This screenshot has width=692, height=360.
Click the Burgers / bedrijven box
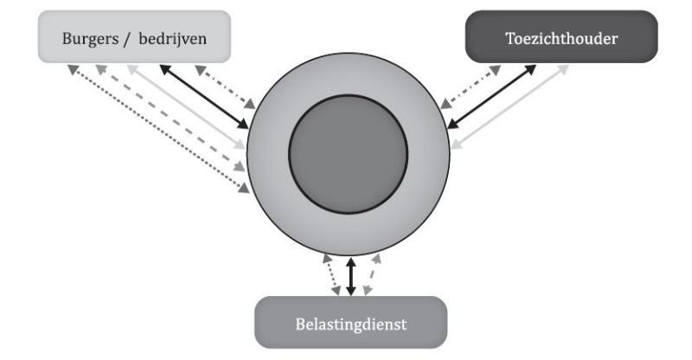point(134,35)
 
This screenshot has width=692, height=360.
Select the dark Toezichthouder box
point(562,36)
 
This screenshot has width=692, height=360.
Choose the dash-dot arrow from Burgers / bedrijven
point(226,86)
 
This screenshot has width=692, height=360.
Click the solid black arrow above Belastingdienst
point(350,275)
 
